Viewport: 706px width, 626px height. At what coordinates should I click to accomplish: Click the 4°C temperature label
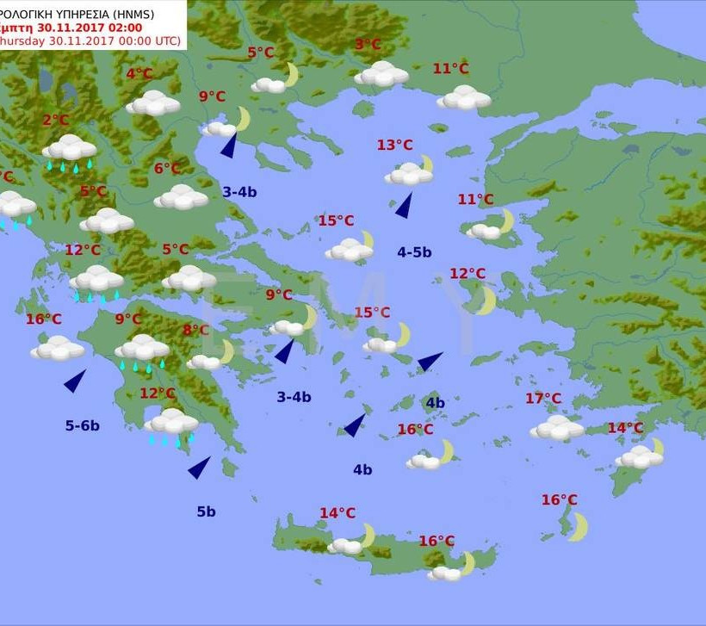pyautogui.click(x=139, y=74)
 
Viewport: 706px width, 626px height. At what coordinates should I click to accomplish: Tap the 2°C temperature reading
pyautogui.click(x=55, y=121)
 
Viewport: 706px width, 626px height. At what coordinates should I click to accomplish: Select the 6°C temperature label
pyautogui.click(x=167, y=169)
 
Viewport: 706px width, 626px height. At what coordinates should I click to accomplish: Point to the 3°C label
pyautogui.click(x=368, y=45)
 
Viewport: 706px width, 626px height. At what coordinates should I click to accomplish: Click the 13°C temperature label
pyautogui.click(x=394, y=146)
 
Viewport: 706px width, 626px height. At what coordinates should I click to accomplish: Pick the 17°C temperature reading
pyautogui.click(x=543, y=399)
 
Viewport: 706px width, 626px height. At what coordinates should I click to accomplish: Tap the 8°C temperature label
pyautogui.click(x=195, y=330)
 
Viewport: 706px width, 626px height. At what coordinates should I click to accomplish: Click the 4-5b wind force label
pyautogui.click(x=414, y=252)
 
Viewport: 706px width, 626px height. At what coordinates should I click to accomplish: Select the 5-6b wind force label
pyautogui.click(x=83, y=425)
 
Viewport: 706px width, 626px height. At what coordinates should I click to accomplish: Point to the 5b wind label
pyautogui.click(x=206, y=511)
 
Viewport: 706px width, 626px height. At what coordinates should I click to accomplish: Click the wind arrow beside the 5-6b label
pyautogui.click(x=75, y=380)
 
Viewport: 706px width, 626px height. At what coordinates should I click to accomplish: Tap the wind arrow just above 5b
pyautogui.click(x=199, y=468)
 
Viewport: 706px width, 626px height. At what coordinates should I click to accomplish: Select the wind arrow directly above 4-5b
pyautogui.click(x=404, y=205)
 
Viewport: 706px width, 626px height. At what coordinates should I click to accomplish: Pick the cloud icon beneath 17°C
pyautogui.click(x=556, y=428)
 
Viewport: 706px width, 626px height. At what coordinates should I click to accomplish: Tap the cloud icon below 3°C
pyautogui.click(x=381, y=74)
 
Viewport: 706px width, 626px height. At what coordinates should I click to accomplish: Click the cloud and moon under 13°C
pyautogui.click(x=410, y=173)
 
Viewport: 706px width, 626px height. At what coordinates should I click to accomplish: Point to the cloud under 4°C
pyautogui.click(x=152, y=103)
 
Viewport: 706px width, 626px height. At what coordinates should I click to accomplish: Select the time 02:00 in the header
pyautogui.click(x=101, y=28)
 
